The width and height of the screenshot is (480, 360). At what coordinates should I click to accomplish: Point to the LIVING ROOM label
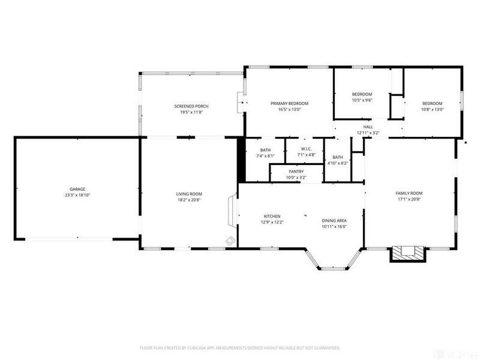tap(188, 194)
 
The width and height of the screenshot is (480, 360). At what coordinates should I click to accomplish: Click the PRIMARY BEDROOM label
tap(289, 103)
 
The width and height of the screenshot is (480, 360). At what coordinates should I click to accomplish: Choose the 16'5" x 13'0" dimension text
tap(289, 110)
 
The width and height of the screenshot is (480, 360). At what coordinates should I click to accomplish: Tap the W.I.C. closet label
tap(306, 149)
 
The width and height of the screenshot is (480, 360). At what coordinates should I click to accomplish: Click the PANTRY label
tap(296, 172)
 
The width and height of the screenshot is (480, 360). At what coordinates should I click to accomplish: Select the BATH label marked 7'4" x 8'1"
tap(265, 150)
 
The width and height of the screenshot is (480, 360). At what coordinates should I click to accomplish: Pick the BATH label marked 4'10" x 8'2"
tap(338, 157)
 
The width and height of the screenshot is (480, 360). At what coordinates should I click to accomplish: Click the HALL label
tap(368, 127)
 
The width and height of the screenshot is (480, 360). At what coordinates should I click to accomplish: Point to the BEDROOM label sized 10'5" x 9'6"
tap(362, 94)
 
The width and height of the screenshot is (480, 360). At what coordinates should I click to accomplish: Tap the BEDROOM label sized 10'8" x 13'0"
tap(432, 103)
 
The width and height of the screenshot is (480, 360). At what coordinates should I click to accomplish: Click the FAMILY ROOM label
tap(410, 193)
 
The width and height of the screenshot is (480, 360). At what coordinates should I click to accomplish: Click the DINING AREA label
tap(334, 221)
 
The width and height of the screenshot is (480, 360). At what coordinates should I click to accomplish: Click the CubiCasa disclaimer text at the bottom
tap(240, 347)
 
